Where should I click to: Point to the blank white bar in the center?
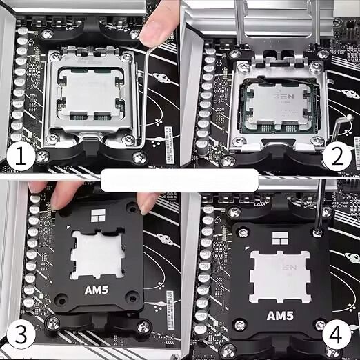coord(179,181)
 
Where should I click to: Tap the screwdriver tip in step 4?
coord(319,232)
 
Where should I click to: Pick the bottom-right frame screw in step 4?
coord(324,324)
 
